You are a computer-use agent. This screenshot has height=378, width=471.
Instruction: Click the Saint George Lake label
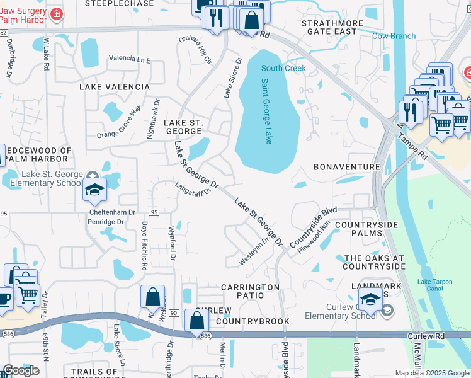pyautogui.click(x=267, y=111)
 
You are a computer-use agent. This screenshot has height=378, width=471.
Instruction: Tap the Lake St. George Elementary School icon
pyautogui.click(x=94, y=190)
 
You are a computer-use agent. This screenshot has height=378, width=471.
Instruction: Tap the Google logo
pyautogui.click(x=21, y=370)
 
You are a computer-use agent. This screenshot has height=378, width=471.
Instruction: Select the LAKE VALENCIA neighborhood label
pyautogui.click(x=114, y=87)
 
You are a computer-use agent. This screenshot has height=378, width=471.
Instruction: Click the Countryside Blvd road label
pyautogui.click(x=314, y=227)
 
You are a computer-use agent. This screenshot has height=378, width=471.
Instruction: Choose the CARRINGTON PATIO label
pyautogui.click(x=250, y=287)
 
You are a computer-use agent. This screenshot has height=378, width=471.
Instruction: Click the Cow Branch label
pyautogui.click(x=394, y=36)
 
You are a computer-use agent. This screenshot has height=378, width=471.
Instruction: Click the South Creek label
pyautogui.click(x=283, y=68)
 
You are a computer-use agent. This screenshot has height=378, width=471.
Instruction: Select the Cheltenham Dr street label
pyautogui.click(x=113, y=213)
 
